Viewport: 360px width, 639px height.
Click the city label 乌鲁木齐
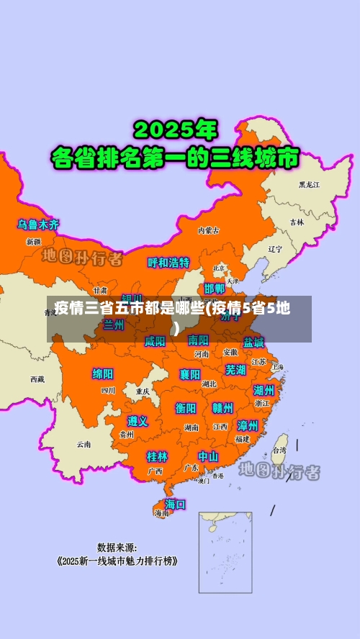(x=39, y=225)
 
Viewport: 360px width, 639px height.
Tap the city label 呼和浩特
(x=168, y=263)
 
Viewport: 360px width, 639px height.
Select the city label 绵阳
(x=103, y=373)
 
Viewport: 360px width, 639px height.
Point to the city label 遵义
(x=138, y=421)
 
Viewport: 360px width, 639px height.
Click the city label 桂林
(x=157, y=456)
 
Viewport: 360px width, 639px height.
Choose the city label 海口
(x=175, y=504)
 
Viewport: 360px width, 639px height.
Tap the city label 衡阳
(x=186, y=408)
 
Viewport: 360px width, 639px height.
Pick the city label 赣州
(x=222, y=408)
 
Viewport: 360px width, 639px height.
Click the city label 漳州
(x=248, y=425)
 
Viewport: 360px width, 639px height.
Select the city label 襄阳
(x=190, y=374)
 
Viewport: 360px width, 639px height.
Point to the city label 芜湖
(x=235, y=370)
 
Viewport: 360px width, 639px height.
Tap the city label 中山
(x=208, y=456)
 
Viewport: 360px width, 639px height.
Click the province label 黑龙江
(x=310, y=185)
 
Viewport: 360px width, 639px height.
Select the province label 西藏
(x=37, y=379)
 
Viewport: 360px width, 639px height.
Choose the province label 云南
(x=84, y=444)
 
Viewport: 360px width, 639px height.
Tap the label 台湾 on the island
(x=278, y=450)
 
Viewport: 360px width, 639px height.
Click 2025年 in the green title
(x=176, y=130)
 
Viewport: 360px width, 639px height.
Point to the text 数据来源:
(x=117, y=547)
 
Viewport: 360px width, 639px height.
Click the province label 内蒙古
(x=209, y=230)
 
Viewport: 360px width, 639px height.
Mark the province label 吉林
(x=297, y=222)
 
